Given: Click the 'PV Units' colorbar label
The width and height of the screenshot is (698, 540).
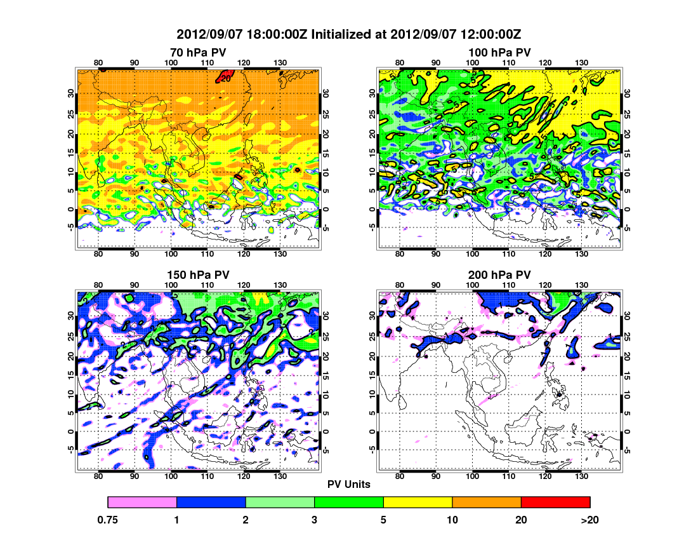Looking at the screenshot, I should click(x=349, y=484).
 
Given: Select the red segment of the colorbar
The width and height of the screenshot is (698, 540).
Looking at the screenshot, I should click(x=555, y=503).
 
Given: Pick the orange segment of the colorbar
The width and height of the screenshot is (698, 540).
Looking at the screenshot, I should click(x=486, y=503).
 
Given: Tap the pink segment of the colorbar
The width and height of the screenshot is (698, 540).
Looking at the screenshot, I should click(x=142, y=503).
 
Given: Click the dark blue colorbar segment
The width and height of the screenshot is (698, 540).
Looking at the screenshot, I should click(x=211, y=503).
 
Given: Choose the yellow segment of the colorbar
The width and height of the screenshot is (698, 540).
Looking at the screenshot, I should click(x=418, y=503).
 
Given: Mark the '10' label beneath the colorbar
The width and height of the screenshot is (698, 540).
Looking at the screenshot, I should click(x=452, y=520).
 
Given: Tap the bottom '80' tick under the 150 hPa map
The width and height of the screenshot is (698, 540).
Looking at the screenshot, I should click(x=98, y=476).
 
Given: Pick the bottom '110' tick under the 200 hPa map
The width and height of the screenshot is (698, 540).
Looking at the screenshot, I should click(x=509, y=476).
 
